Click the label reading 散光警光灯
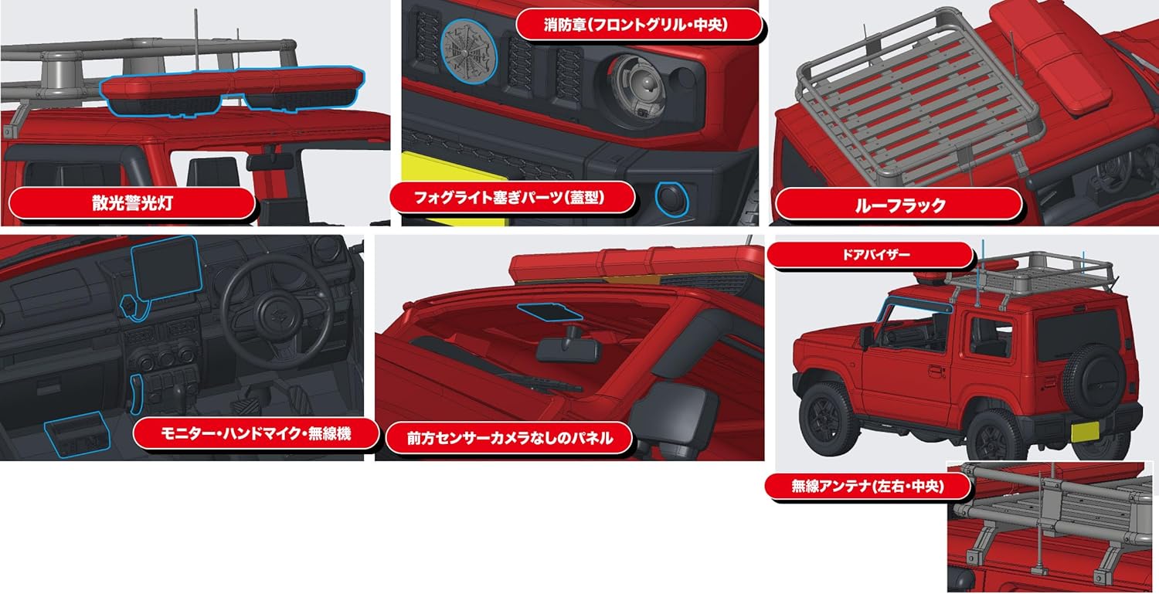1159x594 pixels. point(131,205)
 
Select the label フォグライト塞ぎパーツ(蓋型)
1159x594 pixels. point(511,198)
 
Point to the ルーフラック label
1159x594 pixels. point(899,205)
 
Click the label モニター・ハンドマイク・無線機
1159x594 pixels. point(256,434)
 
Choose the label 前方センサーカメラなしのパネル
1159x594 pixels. point(509,438)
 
